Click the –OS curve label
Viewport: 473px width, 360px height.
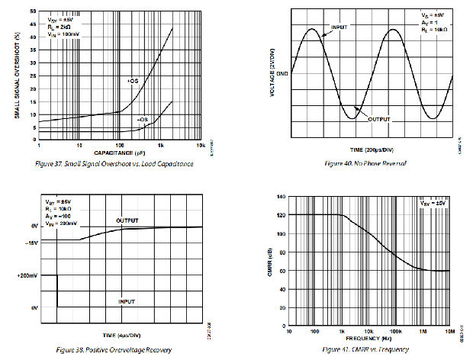142,120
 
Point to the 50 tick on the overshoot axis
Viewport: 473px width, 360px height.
31,11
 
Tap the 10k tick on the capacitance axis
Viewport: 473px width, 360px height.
201,144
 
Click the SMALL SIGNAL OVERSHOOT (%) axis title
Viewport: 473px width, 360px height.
17,76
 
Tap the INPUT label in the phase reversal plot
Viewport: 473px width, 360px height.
338,27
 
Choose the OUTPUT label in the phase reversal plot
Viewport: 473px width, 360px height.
379,120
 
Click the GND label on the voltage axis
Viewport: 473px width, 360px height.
282,74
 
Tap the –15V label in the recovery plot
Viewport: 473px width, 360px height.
31,242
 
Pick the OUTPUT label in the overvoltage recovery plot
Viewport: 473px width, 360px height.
127,220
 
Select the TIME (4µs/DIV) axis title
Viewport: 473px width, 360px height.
120,334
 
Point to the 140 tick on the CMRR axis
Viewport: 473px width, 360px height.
281,198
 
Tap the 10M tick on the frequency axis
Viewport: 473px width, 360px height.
450,330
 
